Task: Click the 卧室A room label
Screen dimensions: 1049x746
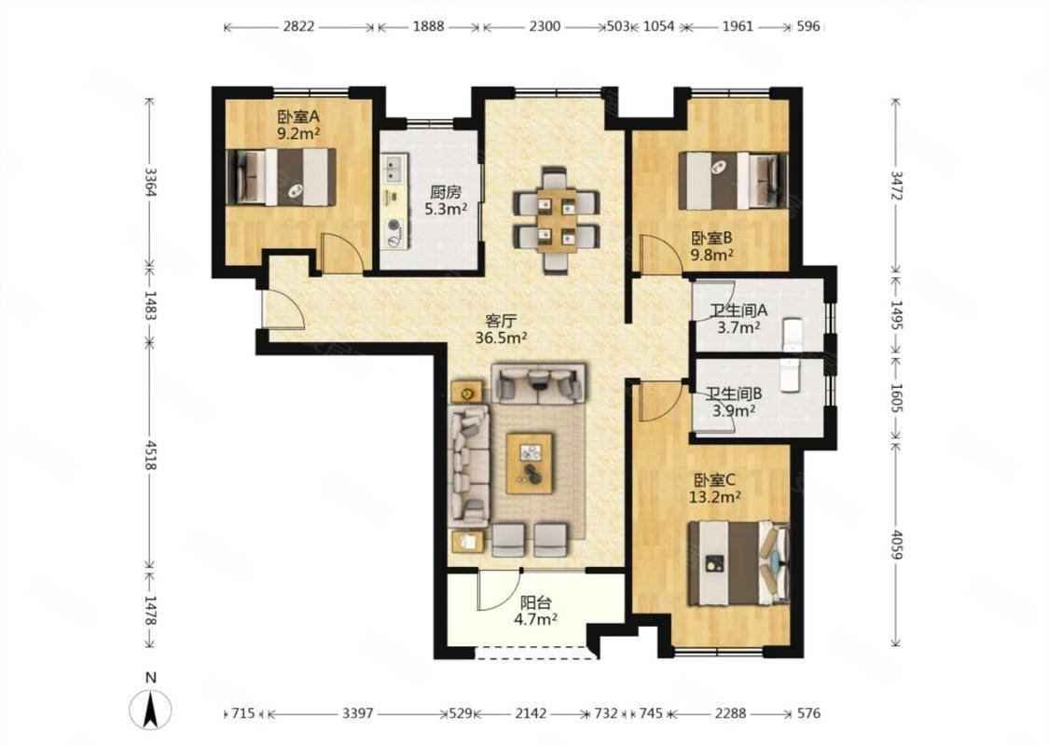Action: click(x=298, y=117)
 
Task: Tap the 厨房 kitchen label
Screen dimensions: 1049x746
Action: click(x=446, y=192)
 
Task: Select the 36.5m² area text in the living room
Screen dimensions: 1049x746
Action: click(x=501, y=338)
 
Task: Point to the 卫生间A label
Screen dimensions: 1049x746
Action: click(x=738, y=311)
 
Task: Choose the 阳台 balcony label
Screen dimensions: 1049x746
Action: click(x=536, y=602)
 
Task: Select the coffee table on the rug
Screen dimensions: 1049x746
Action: click(x=530, y=463)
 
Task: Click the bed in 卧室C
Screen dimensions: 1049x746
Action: click(x=738, y=564)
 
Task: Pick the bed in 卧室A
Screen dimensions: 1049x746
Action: click(x=281, y=176)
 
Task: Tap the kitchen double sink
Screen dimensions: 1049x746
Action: click(x=393, y=169)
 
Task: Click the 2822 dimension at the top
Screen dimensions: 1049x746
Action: click(x=298, y=27)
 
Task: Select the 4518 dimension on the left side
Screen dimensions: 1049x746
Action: click(x=150, y=454)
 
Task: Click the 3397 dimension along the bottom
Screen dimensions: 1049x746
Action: click(x=358, y=713)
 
